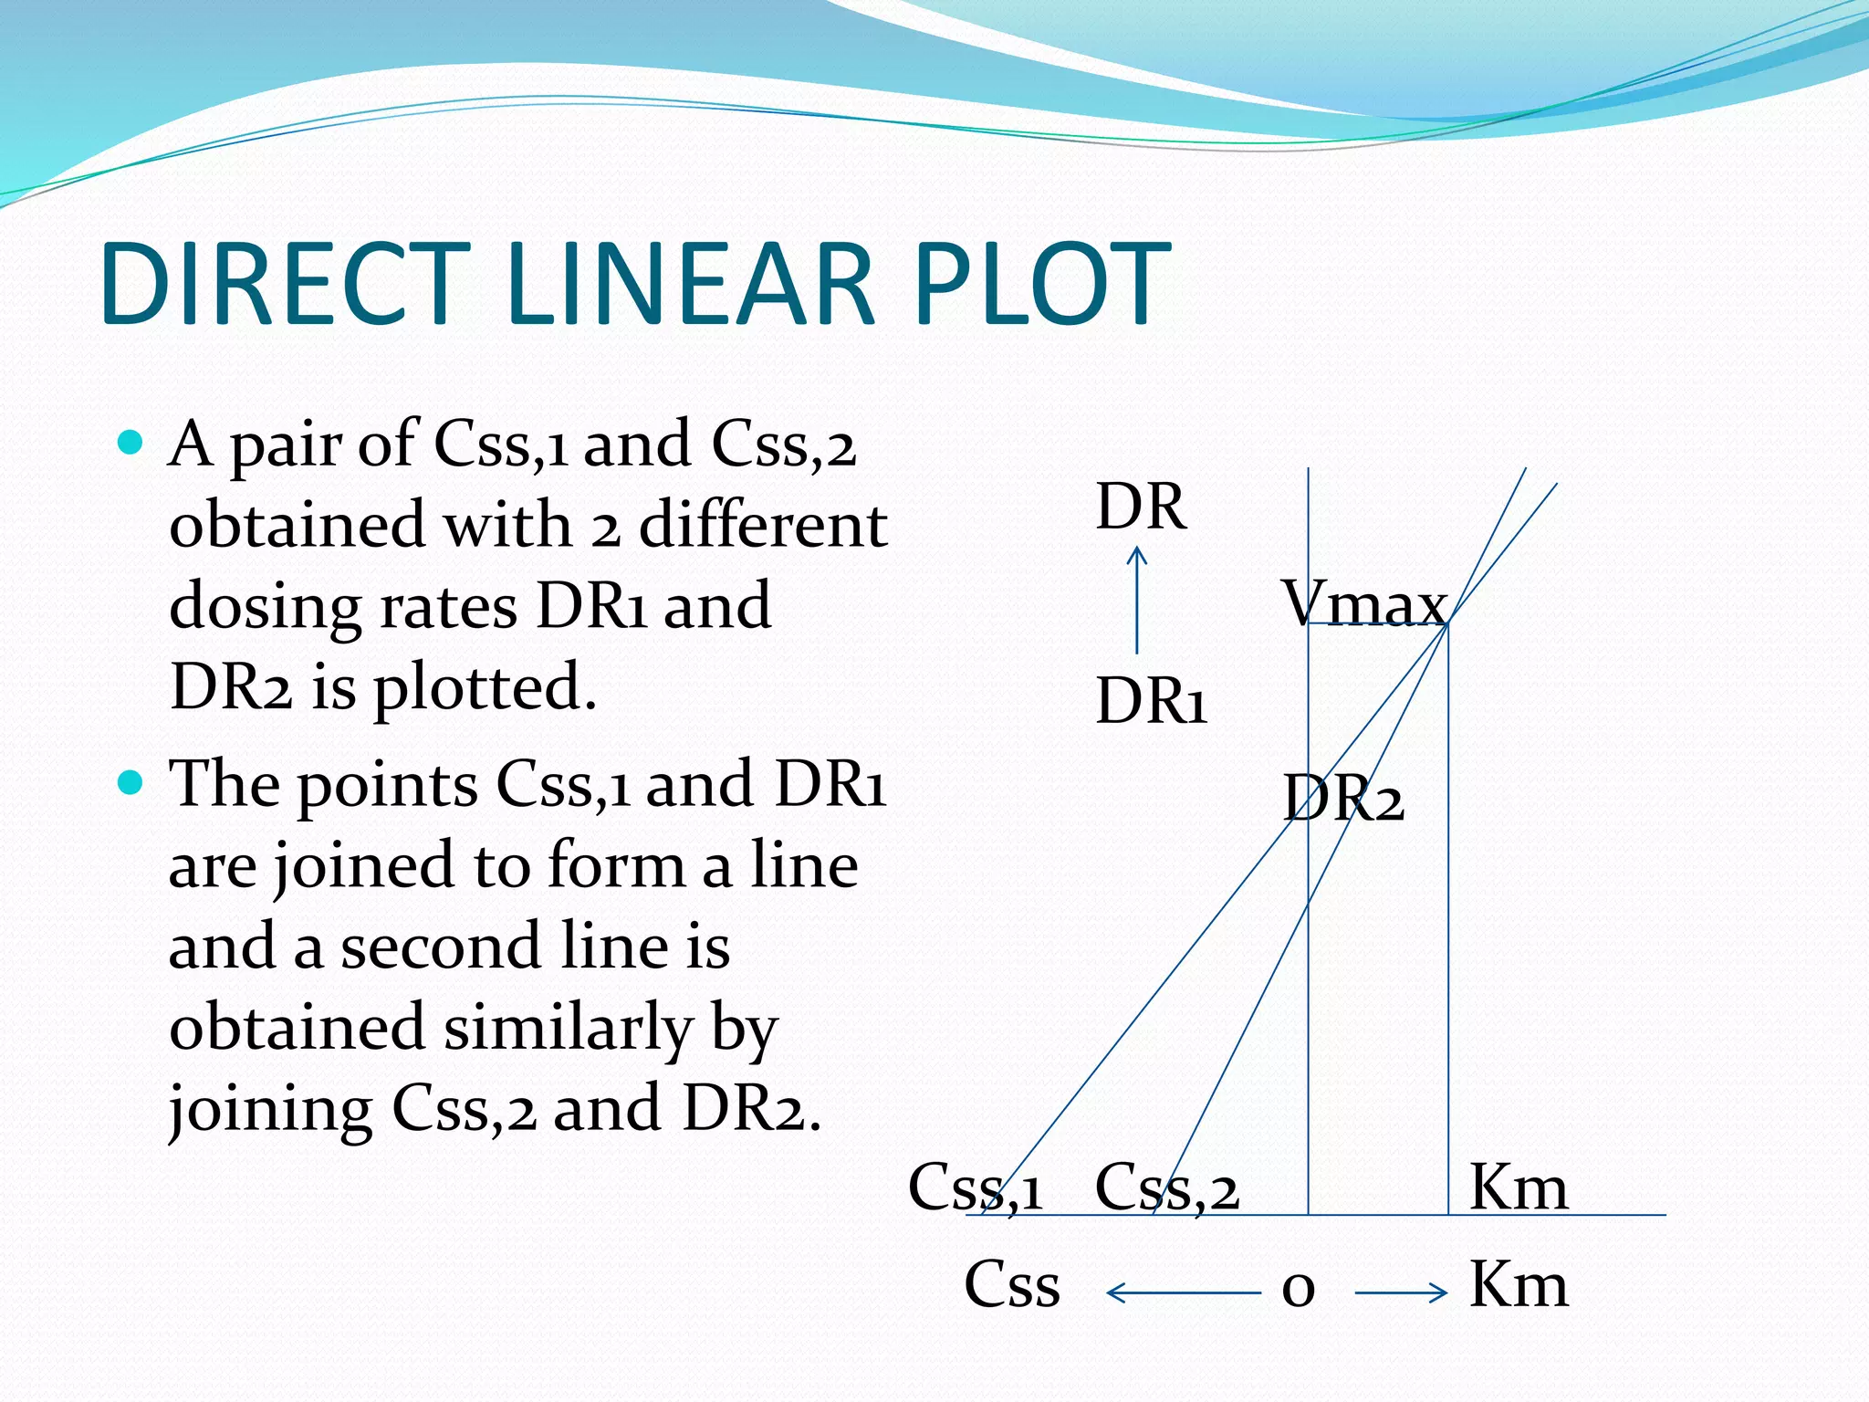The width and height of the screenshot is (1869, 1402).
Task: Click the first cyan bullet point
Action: click(131, 444)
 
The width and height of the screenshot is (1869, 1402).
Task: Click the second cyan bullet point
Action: click(131, 783)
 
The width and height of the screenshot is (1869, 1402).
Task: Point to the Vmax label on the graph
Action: click(1364, 603)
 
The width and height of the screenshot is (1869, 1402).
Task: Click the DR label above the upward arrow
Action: click(1141, 507)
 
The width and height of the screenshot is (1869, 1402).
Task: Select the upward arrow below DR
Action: click(1136, 599)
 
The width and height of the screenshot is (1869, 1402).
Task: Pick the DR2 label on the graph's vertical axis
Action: click(1342, 799)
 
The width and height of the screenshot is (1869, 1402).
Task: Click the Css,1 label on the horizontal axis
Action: click(975, 1188)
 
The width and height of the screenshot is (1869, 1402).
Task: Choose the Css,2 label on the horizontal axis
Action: click(1166, 1188)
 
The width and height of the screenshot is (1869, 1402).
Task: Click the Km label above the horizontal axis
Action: click(1518, 1188)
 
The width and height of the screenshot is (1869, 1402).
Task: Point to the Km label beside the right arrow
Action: click(1518, 1285)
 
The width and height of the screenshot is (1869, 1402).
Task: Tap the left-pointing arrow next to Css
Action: click(1182, 1292)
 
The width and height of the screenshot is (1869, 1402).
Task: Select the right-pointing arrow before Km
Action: click(1401, 1292)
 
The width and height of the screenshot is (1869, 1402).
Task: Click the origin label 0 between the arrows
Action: click(1298, 1288)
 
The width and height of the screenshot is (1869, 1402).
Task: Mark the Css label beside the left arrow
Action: click(1012, 1285)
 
